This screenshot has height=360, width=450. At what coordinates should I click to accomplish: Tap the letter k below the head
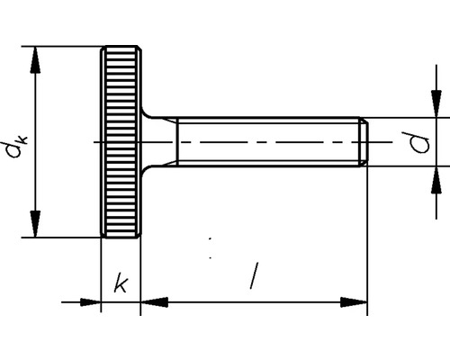click(x=120, y=284)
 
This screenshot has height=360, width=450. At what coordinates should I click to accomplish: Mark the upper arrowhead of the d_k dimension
click(x=36, y=56)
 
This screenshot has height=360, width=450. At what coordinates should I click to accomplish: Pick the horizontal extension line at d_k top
click(x=63, y=44)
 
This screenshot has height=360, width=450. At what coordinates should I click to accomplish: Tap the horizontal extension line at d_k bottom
click(x=63, y=238)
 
